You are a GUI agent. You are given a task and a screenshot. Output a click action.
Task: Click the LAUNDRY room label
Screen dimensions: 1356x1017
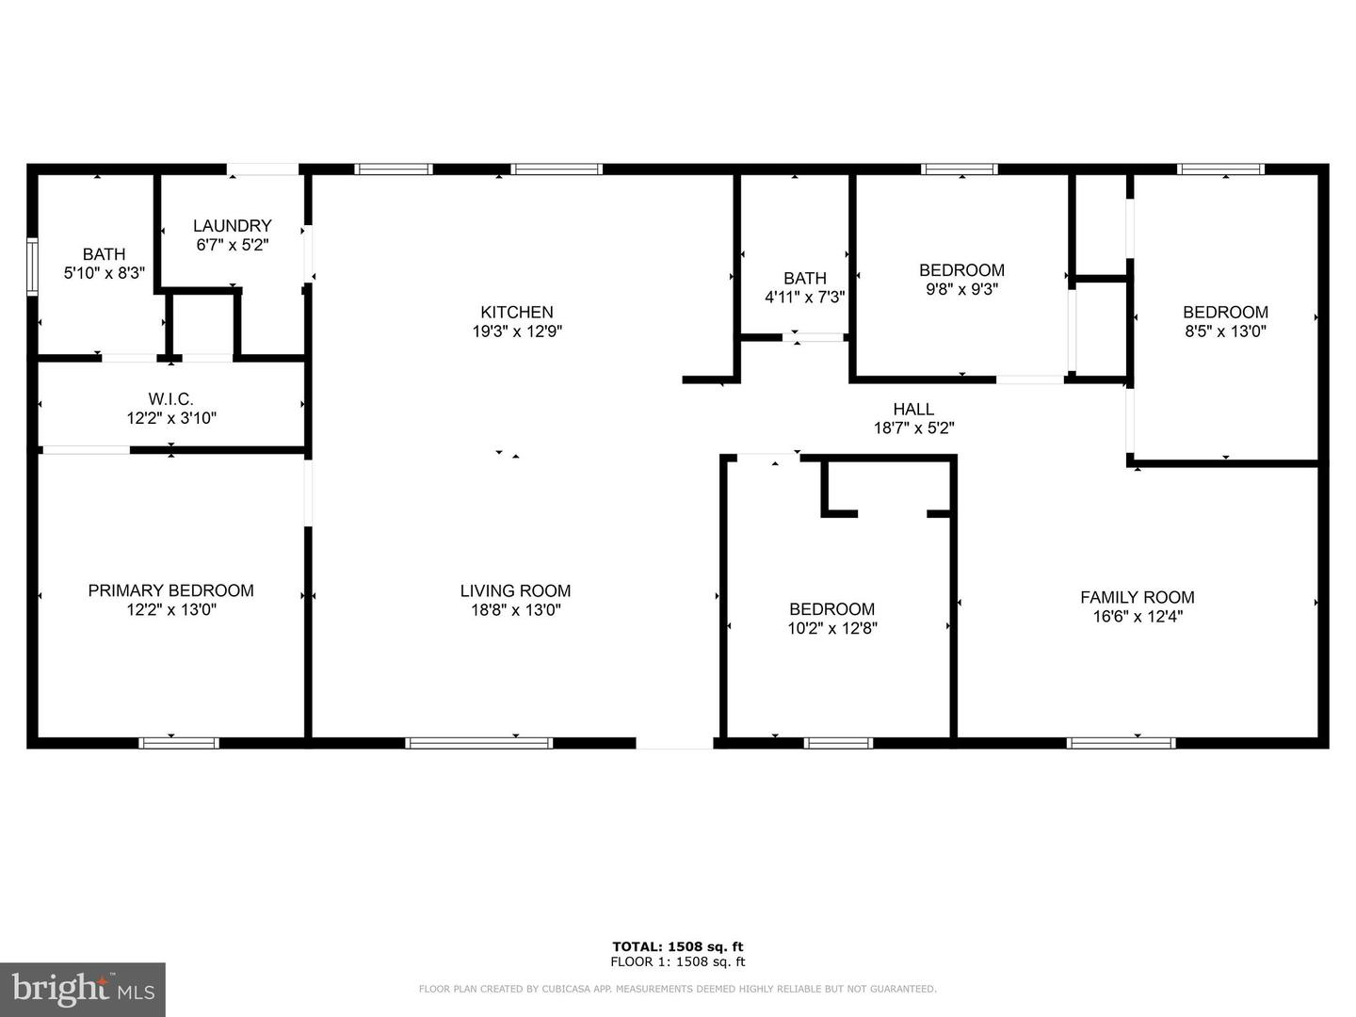pyautogui.click(x=233, y=226)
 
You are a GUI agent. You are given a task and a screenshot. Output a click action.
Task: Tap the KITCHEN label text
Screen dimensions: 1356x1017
pyautogui.click(x=517, y=313)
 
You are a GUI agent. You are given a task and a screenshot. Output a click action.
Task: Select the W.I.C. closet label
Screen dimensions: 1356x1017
pyautogui.click(x=171, y=399)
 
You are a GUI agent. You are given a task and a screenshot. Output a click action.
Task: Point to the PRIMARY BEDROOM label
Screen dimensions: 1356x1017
pyautogui.click(x=171, y=591)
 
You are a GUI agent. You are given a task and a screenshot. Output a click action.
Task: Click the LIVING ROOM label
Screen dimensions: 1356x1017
pyautogui.click(x=516, y=591)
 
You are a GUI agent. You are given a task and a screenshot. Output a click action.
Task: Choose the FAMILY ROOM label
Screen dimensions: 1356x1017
pyautogui.click(x=1138, y=598)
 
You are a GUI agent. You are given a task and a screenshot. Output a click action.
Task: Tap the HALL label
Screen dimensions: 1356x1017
pyautogui.click(x=913, y=410)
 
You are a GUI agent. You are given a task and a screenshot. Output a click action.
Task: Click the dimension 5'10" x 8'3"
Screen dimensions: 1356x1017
pyautogui.click(x=105, y=273)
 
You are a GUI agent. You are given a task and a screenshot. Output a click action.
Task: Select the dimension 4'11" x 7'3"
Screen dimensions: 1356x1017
pyautogui.click(x=805, y=298)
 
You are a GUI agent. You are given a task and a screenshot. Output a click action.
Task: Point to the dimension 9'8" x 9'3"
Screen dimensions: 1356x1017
pyautogui.click(x=961, y=289)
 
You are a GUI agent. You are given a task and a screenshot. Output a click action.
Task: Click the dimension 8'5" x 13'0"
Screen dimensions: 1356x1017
pyautogui.click(x=1226, y=331)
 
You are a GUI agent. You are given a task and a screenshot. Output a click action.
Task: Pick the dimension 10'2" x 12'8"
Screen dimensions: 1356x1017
pyautogui.click(x=832, y=629)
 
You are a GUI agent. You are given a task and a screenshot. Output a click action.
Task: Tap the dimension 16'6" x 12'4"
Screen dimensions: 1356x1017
pyautogui.click(x=1138, y=616)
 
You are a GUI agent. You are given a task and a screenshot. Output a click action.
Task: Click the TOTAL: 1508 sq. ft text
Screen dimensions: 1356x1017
pyautogui.click(x=678, y=946)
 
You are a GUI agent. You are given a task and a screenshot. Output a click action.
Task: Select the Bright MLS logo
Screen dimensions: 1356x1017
pyautogui.click(x=83, y=989)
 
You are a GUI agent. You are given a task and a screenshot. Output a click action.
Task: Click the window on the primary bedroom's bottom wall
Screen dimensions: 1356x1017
pyautogui.click(x=179, y=743)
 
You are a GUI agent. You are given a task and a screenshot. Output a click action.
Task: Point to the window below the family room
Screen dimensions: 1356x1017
pyautogui.click(x=1122, y=743)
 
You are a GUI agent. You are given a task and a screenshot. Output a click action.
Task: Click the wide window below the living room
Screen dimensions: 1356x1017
pyautogui.click(x=479, y=743)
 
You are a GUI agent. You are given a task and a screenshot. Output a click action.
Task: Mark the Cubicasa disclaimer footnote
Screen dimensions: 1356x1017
pyautogui.click(x=678, y=989)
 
